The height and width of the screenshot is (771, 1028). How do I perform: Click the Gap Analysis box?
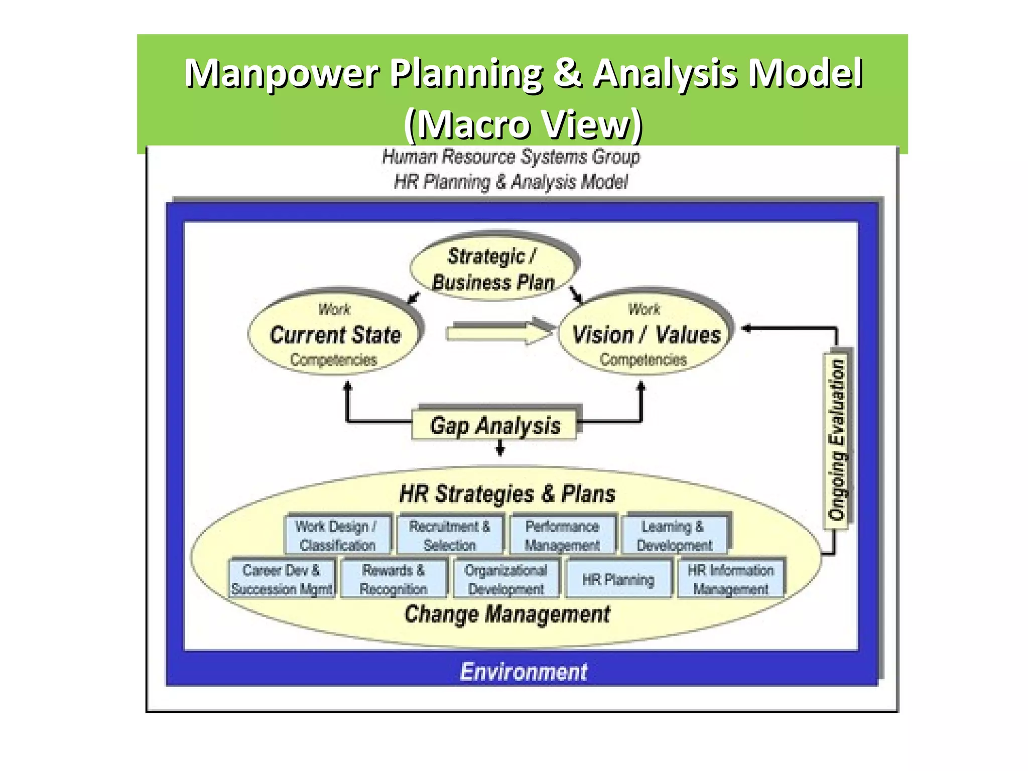[494, 425]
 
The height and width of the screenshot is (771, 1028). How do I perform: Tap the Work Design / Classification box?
[337, 535]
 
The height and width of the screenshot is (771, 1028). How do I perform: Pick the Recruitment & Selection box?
[449, 535]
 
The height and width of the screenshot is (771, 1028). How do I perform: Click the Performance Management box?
[562, 535]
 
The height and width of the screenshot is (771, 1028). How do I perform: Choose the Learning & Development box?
[674, 535]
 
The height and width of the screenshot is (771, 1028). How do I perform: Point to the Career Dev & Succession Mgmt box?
[282, 579]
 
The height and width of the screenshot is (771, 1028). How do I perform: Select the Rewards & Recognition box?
[394, 579]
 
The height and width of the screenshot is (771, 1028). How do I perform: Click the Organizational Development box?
[506, 579]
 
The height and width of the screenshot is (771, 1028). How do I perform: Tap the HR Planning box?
[618, 579]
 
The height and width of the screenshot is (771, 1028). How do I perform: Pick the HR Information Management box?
[730, 579]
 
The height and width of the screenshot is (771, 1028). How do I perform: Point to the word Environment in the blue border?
[523, 672]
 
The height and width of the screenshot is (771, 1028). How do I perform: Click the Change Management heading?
[507, 614]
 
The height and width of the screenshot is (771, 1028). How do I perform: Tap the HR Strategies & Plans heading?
[507, 493]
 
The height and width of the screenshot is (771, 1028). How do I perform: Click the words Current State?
[335, 334]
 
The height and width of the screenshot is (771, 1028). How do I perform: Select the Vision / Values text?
[646, 334]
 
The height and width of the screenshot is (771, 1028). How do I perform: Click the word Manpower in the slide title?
[281, 73]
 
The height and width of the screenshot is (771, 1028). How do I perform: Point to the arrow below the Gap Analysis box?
[500, 447]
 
